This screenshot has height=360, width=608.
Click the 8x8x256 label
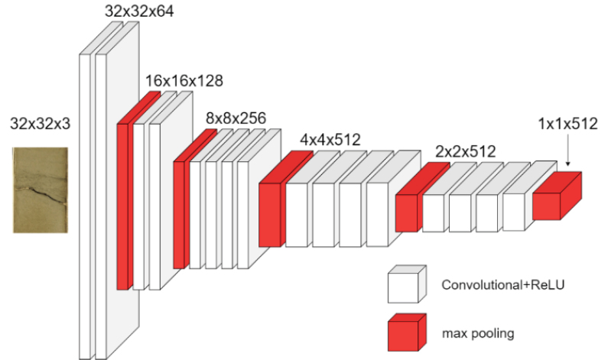pos(236,118)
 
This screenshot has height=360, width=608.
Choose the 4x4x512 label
pos(330,140)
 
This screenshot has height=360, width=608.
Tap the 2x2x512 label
pos(465,151)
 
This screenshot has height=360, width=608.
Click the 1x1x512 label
pos(566,122)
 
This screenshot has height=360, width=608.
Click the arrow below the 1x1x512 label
pos(568,157)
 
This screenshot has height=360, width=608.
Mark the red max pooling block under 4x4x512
pos(271,214)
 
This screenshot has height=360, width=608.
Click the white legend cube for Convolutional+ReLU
pos(404,286)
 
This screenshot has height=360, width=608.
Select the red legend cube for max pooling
pos(404,332)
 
